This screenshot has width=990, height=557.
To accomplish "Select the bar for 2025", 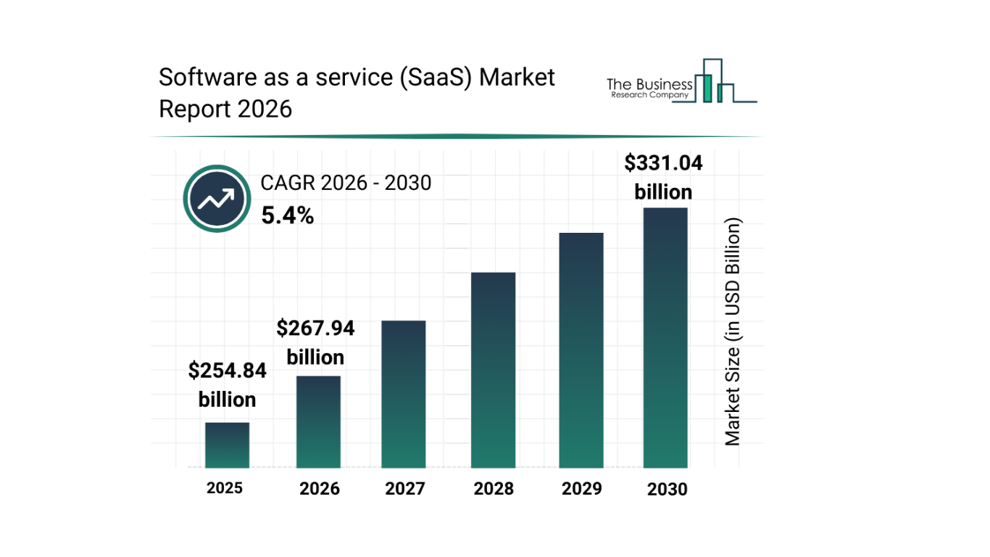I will tap(227, 445).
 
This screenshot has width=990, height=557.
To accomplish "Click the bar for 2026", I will tap(318, 422).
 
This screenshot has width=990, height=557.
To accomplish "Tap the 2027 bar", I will tap(404, 395).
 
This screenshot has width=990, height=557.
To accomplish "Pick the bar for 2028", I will tap(493, 371).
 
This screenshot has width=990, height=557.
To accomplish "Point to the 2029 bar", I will tap(581, 350).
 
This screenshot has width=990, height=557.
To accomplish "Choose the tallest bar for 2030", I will tap(665, 338).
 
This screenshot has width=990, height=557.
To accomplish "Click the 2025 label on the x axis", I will tap(225, 488).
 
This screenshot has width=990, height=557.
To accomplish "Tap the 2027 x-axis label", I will tap(405, 489).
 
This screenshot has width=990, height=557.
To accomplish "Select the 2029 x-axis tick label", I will tap(582, 489).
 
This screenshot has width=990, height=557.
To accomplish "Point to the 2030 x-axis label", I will tap(667, 490).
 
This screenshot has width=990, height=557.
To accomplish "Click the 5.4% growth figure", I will tap(288, 215).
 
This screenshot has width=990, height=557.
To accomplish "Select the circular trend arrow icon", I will tap(217, 199).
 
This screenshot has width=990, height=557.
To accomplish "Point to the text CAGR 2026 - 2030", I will tap(346, 183).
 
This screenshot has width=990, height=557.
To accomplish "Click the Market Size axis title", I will tap(733, 331).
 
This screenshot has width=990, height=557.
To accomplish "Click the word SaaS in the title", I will tap(436, 77).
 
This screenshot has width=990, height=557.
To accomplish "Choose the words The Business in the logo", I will tap(649, 85).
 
